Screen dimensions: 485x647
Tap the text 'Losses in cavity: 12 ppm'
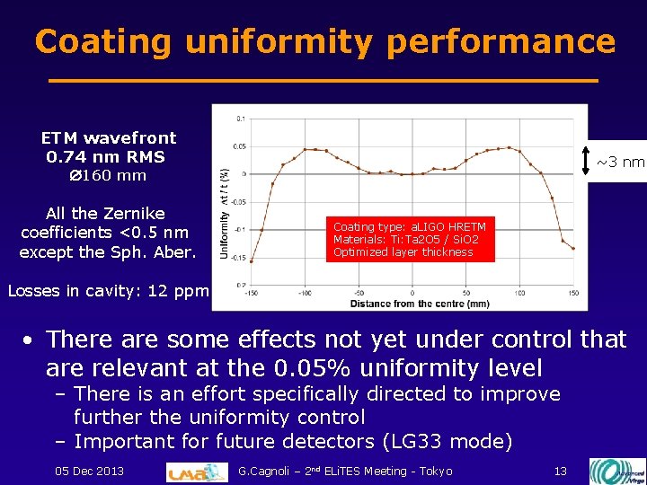(108, 290)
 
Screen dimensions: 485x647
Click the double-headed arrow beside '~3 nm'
(585, 162)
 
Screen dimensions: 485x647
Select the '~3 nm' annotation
(620, 163)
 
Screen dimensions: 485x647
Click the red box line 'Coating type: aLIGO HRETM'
(409, 228)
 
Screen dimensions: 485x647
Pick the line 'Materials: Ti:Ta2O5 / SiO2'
(405, 240)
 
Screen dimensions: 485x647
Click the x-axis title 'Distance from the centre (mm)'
(419, 304)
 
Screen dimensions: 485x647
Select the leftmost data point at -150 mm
(251, 261)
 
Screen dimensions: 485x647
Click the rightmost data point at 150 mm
(573, 246)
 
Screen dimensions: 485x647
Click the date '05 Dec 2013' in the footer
(89, 471)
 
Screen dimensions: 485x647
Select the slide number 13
(560, 471)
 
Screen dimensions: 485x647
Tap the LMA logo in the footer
(198, 471)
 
